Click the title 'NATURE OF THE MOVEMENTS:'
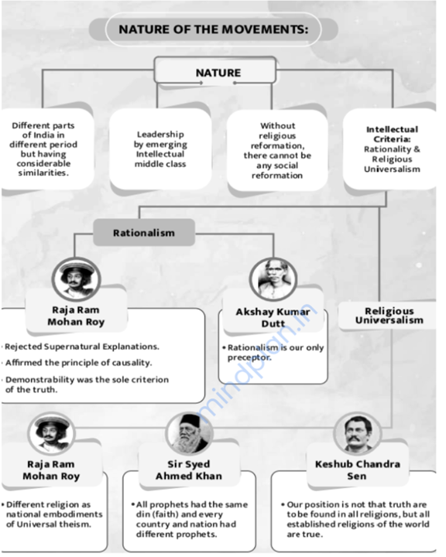point(214,29)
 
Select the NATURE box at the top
point(215,70)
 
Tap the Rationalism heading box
point(144,233)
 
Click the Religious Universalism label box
point(389,316)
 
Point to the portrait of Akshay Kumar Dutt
point(273,278)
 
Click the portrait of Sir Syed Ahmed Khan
point(189,433)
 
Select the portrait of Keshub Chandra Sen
point(357,433)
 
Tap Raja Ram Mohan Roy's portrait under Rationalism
point(76,279)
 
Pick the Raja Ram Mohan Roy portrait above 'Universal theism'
point(51,433)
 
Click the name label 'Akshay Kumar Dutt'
point(273,318)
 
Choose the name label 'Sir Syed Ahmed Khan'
point(189,470)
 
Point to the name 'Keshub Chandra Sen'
point(358,470)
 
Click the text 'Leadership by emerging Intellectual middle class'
point(160,149)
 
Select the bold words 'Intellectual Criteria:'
point(392,135)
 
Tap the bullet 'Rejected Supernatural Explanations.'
point(82,347)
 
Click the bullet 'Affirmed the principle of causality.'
point(79,363)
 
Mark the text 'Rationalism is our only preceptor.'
point(276,353)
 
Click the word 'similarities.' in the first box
point(43,173)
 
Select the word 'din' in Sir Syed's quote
point(142,514)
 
